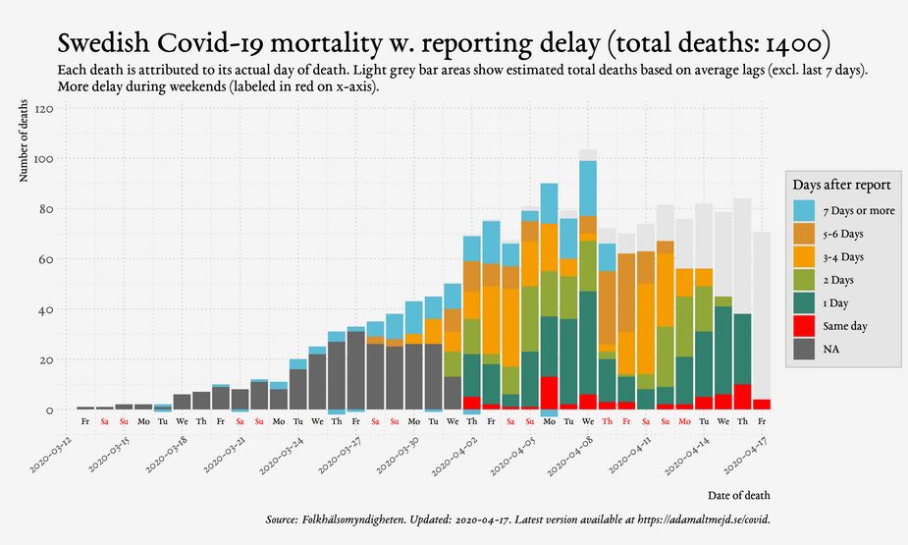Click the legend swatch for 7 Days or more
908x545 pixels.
(x=805, y=210)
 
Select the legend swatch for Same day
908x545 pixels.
(x=805, y=324)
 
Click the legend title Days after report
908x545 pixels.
(x=841, y=185)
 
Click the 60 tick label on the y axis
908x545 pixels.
(x=45, y=259)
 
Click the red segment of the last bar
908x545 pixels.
(x=762, y=405)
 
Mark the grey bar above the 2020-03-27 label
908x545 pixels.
(x=355, y=369)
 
